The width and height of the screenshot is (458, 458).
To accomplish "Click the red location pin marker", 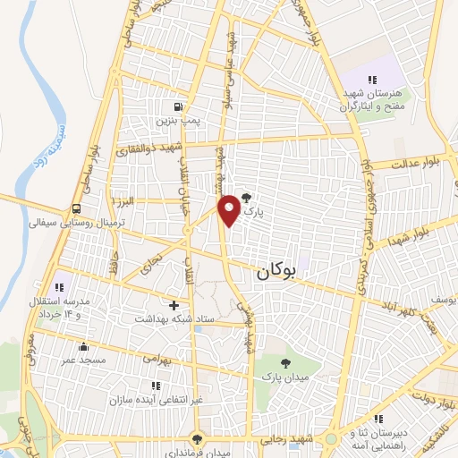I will pyautogui.click(x=231, y=209).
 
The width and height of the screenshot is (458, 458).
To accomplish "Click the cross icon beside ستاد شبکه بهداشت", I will pyautogui.click(x=174, y=305).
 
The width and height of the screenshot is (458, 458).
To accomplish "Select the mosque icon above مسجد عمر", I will pyautogui.click(x=84, y=347).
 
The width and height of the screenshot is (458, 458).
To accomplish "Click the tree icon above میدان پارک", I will pyautogui.click(x=285, y=363).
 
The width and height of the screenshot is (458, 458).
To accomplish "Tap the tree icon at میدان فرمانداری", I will pyautogui.click(x=196, y=439).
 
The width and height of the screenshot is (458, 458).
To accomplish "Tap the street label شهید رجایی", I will pyautogui.click(x=286, y=438).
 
